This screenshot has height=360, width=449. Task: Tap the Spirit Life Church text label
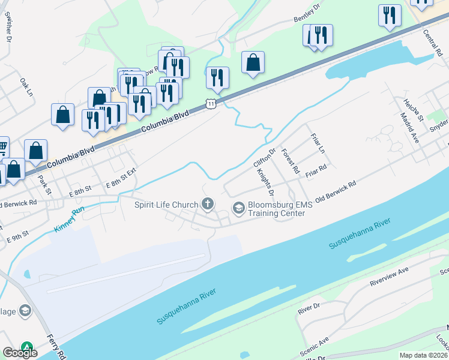[x=166, y=205]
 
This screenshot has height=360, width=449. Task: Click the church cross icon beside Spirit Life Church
[x=208, y=205]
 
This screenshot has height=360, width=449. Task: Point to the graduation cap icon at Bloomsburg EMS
[x=238, y=208]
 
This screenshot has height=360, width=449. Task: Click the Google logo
[x=20, y=352]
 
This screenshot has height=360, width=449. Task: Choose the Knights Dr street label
[x=265, y=183]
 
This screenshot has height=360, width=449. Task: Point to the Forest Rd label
[x=290, y=161]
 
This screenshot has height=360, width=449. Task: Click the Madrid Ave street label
[x=411, y=130]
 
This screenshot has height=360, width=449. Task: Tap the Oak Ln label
[x=26, y=87]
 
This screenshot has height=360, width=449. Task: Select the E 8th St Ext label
[x=121, y=178]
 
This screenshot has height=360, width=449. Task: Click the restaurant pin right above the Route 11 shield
[x=217, y=78]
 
